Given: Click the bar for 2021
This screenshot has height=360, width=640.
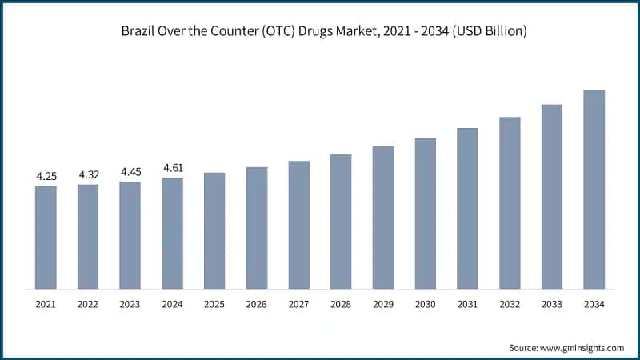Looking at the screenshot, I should pyautogui.click(x=46, y=237).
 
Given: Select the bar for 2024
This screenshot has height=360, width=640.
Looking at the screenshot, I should pyautogui.click(x=172, y=233).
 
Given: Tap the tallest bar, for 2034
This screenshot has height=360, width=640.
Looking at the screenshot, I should pyautogui.click(x=594, y=189).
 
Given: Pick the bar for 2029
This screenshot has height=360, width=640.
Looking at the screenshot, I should pyautogui.click(x=383, y=217).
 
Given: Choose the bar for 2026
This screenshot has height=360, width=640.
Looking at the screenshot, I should pyautogui.click(x=256, y=227).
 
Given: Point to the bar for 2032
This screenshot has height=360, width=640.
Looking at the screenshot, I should pyautogui.click(x=510, y=202).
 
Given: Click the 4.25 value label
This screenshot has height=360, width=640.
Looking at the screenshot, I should pyautogui.click(x=46, y=176).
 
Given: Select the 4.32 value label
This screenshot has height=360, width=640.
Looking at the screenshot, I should pyautogui.click(x=88, y=174).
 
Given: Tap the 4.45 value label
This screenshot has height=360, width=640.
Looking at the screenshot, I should pyautogui.click(x=130, y=171).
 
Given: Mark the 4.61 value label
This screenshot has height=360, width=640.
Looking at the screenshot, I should pyautogui.click(x=172, y=167).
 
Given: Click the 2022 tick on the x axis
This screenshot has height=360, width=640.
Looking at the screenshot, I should pyautogui.click(x=88, y=304).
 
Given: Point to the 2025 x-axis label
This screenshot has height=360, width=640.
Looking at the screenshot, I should pyautogui.click(x=214, y=304).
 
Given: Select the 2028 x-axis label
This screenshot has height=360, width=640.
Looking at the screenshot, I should pyautogui.click(x=341, y=304).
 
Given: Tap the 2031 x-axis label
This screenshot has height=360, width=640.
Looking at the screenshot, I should pyautogui.click(x=467, y=304).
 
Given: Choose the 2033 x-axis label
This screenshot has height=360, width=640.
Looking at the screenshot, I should pyautogui.click(x=552, y=304).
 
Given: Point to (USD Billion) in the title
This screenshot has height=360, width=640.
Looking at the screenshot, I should pyautogui.click(x=486, y=30).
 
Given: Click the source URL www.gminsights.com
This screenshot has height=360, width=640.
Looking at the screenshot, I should pyautogui.click(x=582, y=347).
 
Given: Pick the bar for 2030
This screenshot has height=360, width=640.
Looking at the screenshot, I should pyautogui.click(x=425, y=213).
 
